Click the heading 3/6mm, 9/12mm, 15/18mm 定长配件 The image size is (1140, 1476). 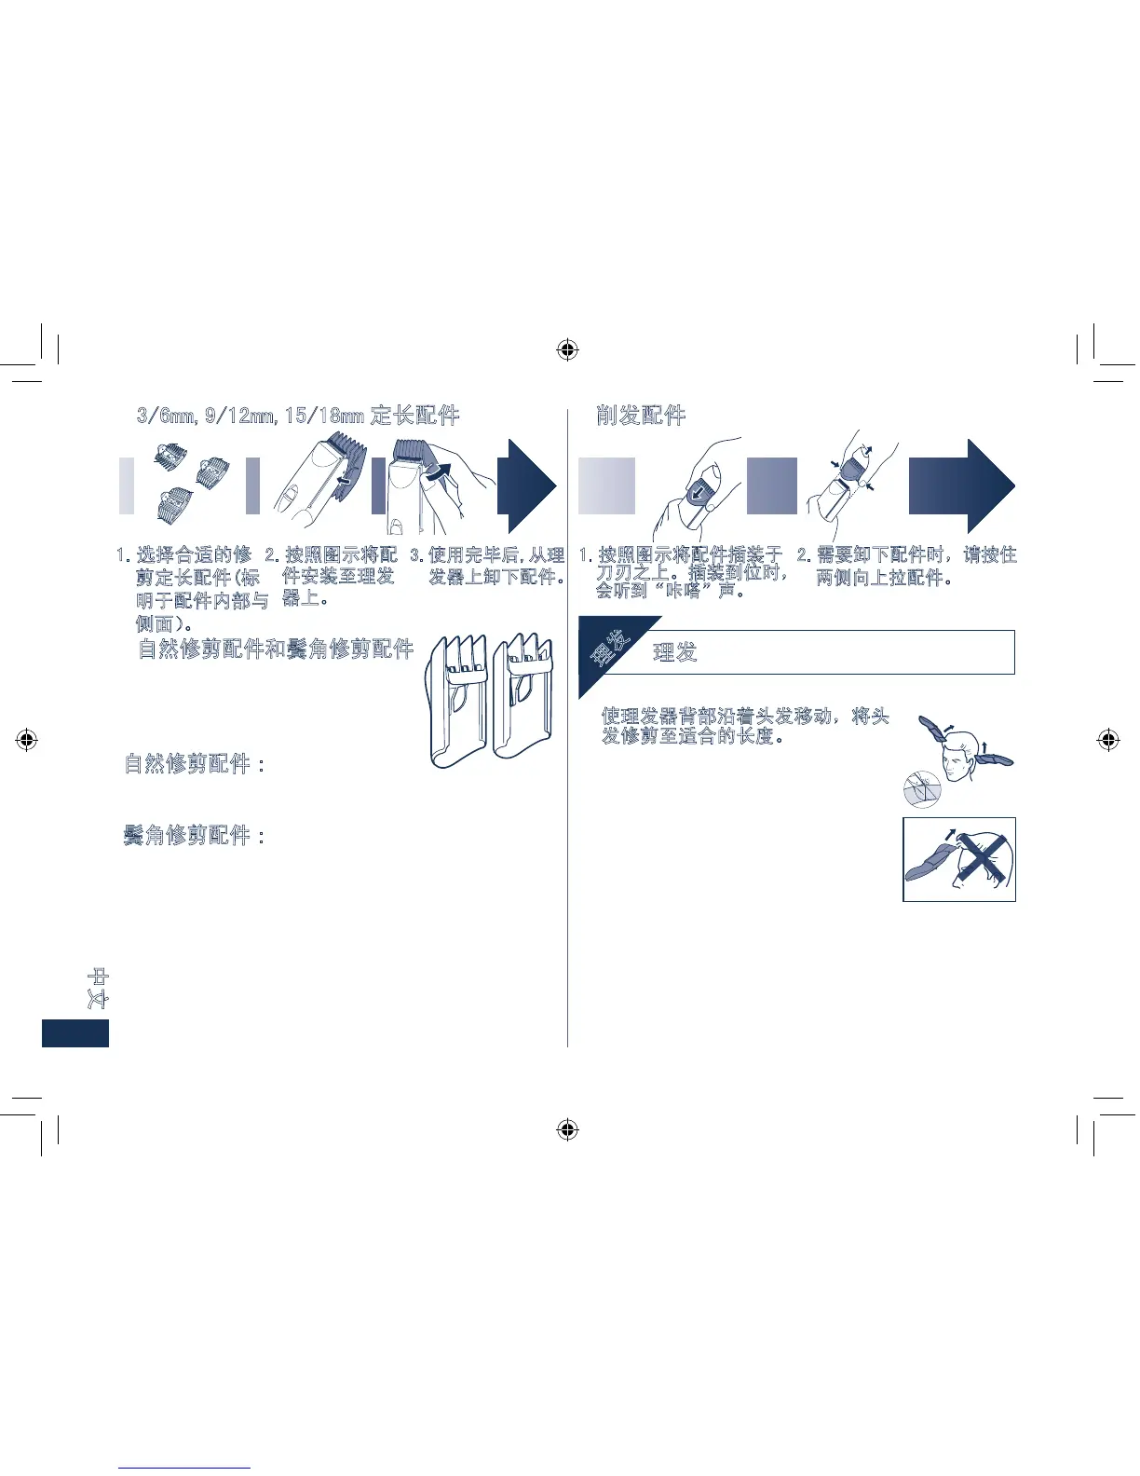pos(298,416)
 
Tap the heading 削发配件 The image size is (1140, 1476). pos(641,416)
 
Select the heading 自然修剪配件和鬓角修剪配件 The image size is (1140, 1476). pos(276,649)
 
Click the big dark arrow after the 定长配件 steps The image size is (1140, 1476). pos(527,485)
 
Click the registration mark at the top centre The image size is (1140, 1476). pos(567,350)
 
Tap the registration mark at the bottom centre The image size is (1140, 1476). pos(567,1129)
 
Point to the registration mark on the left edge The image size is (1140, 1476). pos(27,741)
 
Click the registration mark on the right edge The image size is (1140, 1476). pos(1107,741)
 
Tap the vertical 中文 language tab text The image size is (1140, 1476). pos(97,988)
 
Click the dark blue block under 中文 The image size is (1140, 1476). pos(75,1032)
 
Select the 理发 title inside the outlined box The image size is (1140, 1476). pos(675,652)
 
